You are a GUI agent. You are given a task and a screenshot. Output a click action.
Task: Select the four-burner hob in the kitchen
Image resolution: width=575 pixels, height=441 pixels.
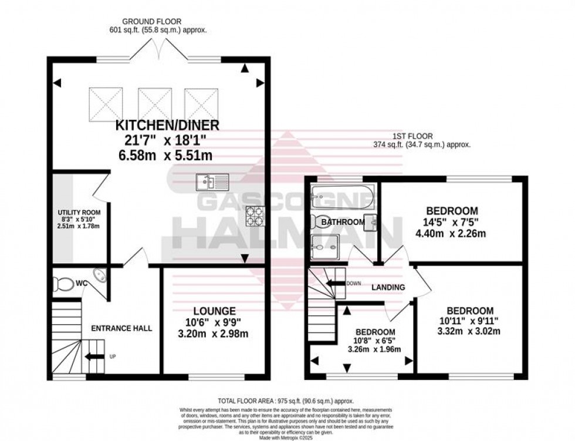[255, 216]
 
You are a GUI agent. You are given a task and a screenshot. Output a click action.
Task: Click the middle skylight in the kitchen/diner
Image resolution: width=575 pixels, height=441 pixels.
[155, 104]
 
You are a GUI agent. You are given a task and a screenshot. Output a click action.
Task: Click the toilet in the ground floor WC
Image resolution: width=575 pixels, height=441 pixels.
[62, 284]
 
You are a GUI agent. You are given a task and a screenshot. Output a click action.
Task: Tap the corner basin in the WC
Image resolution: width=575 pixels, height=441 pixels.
[100, 276]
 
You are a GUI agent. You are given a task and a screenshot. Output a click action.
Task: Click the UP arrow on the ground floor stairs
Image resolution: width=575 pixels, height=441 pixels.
[92, 356]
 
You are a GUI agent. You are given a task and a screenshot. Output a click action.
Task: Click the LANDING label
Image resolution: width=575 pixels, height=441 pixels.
[388, 287]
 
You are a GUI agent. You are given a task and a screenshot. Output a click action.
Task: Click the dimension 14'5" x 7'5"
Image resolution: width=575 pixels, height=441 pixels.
[451, 222]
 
